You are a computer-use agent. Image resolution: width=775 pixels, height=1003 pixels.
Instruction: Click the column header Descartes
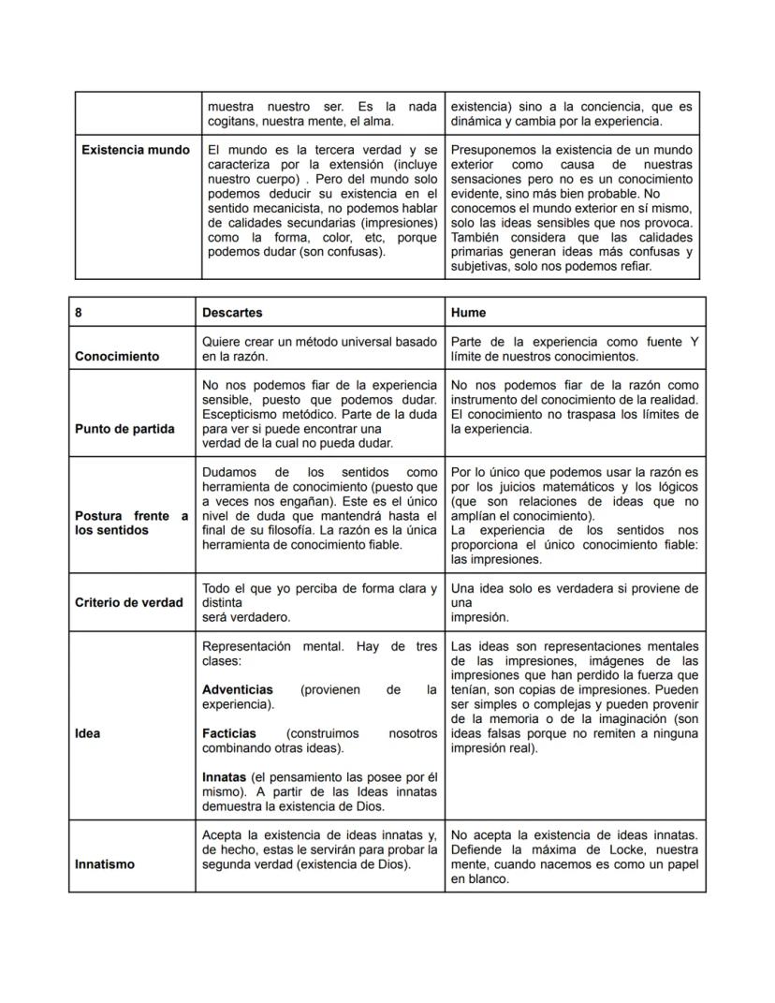[232, 313]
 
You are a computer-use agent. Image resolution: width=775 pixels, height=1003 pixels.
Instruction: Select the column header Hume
[468, 313]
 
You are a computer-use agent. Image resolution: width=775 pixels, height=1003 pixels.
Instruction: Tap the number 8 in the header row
[79, 313]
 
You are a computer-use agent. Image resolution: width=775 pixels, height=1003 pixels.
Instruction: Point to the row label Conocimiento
[117, 356]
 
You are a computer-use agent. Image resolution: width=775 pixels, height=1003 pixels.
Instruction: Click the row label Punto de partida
[124, 429]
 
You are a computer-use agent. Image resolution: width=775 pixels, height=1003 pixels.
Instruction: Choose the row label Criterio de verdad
[129, 602]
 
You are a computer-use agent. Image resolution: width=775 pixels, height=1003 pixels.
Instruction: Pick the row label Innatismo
[105, 864]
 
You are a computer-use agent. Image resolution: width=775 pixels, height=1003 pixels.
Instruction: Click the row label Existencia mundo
[136, 150]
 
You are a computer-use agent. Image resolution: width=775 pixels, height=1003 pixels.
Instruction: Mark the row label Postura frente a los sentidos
[131, 523]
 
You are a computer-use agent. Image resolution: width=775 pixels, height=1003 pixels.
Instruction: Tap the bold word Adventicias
[238, 689]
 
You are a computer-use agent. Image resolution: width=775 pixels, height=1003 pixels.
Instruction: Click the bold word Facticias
[229, 733]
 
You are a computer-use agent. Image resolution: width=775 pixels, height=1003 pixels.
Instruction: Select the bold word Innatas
[224, 777]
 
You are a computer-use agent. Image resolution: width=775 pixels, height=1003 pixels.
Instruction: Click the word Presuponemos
[494, 150]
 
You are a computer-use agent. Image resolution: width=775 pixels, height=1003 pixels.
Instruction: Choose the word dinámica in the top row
[477, 121]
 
